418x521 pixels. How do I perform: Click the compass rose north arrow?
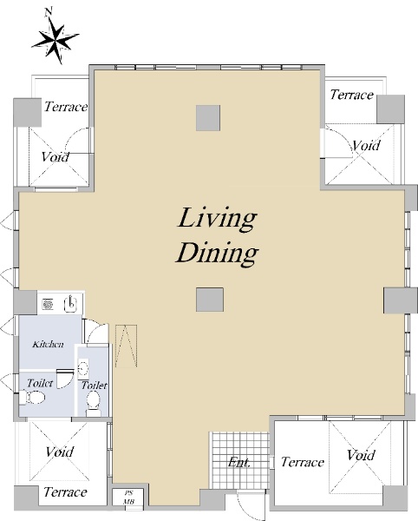(55, 37)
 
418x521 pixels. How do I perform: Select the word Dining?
(218, 254)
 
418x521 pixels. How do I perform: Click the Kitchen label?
(48, 344)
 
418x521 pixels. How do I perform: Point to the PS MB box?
(128, 497)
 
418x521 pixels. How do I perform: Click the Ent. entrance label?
(238, 462)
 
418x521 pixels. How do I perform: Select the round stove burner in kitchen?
(48, 304)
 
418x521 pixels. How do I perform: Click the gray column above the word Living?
(208, 118)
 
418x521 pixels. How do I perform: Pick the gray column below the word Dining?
(209, 300)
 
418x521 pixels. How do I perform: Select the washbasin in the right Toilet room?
(83, 368)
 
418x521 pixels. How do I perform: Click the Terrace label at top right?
(351, 95)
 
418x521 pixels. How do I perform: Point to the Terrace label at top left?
(66, 107)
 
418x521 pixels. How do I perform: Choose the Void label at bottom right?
(361, 455)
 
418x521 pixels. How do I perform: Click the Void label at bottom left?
(60, 452)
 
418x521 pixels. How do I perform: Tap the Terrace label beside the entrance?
(302, 462)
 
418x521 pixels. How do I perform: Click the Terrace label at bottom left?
(65, 492)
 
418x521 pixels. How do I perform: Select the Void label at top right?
(366, 145)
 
